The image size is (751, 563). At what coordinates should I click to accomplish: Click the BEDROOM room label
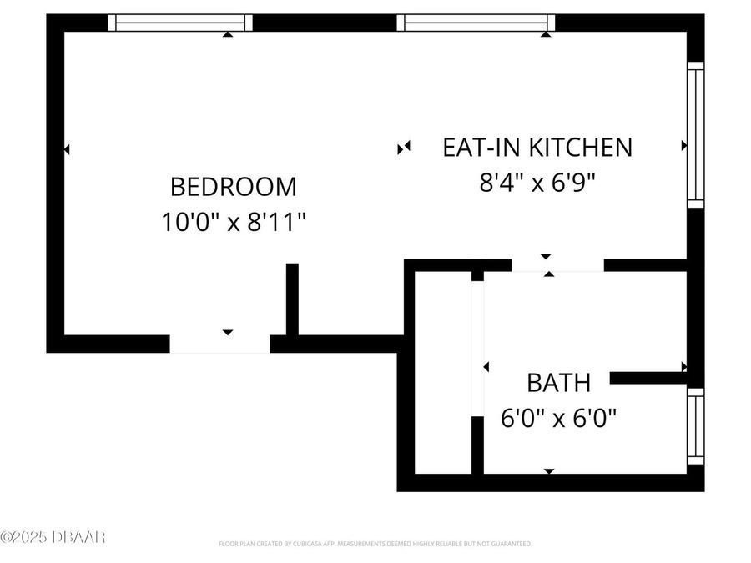pyautogui.click(x=233, y=185)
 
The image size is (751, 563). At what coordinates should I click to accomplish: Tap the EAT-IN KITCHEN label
pyautogui.click(x=537, y=148)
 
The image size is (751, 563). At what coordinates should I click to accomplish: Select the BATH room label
pyautogui.click(x=558, y=383)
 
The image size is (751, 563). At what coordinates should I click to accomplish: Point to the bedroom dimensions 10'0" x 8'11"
pyautogui.click(x=233, y=222)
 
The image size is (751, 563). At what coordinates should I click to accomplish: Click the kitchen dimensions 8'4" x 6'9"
pyautogui.click(x=537, y=182)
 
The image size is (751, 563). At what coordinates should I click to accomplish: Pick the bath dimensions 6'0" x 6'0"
pyautogui.click(x=558, y=417)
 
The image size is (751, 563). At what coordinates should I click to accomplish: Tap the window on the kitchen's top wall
pyautogui.click(x=476, y=23)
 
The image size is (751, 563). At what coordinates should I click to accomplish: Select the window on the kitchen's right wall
pyautogui.click(x=695, y=133)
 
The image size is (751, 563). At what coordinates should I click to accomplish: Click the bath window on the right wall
pyautogui.click(x=695, y=425)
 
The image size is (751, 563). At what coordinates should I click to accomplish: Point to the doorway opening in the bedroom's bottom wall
pyautogui.click(x=219, y=344)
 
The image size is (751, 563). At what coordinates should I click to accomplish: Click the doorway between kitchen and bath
pyautogui.click(x=557, y=266)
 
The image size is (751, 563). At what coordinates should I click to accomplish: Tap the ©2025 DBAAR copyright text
pyautogui.click(x=53, y=537)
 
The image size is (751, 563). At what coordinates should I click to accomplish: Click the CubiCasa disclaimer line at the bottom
pyautogui.click(x=375, y=544)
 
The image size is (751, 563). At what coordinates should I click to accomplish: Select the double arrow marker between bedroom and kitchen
pyautogui.click(x=405, y=148)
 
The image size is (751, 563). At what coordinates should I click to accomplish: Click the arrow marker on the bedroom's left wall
pyautogui.click(x=67, y=149)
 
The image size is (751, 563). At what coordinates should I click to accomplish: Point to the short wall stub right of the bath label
pyautogui.click(x=648, y=378)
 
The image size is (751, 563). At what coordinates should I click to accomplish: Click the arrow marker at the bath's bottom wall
pyautogui.click(x=548, y=471)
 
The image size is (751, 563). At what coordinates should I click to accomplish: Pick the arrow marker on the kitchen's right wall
pyautogui.click(x=684, y=146)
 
